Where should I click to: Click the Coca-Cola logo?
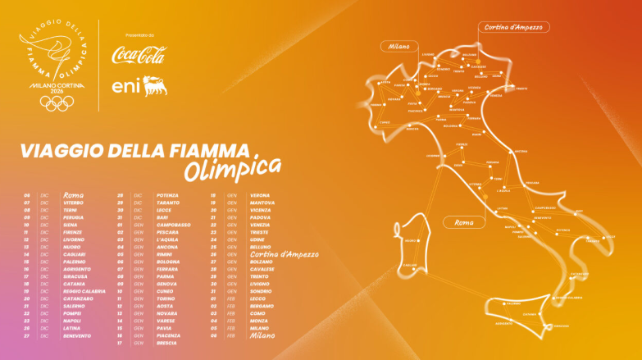(138, 56)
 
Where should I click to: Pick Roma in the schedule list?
(74, 195)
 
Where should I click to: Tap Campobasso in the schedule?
(173, 225)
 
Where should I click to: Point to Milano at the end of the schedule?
(262, 335)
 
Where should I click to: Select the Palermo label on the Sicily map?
(514, 304)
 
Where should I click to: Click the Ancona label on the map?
(521, 152)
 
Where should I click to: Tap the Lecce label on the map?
(610, 236)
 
